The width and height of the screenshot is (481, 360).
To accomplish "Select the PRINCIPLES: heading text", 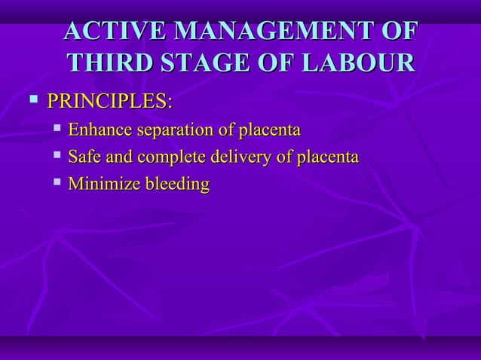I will click(x=109, y=101).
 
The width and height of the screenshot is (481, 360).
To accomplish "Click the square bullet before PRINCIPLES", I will click(x=32, y=99).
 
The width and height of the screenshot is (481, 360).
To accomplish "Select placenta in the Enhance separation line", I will click(x=269, y=131).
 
